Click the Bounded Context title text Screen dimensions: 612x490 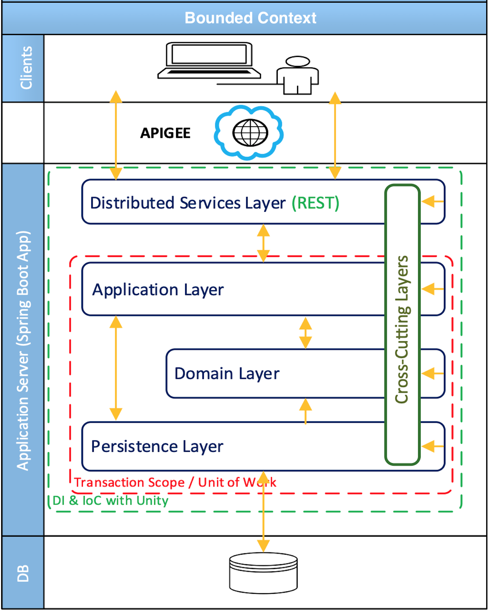[x=250, y=18]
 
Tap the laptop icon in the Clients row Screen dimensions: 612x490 [x=209, y=60]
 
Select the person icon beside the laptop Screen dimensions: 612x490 [x=298, y=75]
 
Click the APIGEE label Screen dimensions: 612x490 [x=165, y=133]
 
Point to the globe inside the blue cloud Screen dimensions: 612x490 [x=250, y=133]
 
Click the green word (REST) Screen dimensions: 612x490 [x=315, y=203]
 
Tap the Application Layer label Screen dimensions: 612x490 [x=158, y=290]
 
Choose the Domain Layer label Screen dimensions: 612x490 [x=227, y=373]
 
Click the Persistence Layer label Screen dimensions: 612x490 [x=157, y=447]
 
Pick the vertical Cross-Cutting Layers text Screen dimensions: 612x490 [x=402, y=330]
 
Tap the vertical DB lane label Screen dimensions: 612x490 [x=23, y=573]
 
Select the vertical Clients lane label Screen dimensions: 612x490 [x=26, y=68]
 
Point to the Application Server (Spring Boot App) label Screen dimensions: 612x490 [x=23, y=350]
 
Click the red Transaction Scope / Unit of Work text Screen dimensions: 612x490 [x=175, y=482]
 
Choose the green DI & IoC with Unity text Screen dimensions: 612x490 [x=110, y=500]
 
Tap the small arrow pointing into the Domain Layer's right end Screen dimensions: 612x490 [x=433, y=373]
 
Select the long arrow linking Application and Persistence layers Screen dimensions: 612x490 [x=116, y=368]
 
